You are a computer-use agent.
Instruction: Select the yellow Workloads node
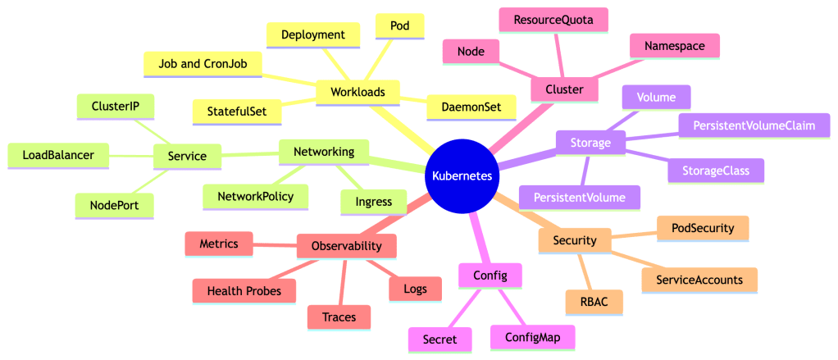357,92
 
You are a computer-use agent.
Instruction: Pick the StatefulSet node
236,111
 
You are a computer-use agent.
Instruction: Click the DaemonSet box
471,107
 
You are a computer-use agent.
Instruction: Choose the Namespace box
675,46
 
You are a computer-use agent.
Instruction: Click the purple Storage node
590,144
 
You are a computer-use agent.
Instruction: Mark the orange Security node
574,240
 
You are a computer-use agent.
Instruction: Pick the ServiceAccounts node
699,280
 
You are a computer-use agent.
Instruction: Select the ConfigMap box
532,336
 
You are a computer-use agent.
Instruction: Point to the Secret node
440,338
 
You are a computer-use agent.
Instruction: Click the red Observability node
347,246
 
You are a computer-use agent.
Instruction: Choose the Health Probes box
244,291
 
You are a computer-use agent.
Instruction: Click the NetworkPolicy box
255,196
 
